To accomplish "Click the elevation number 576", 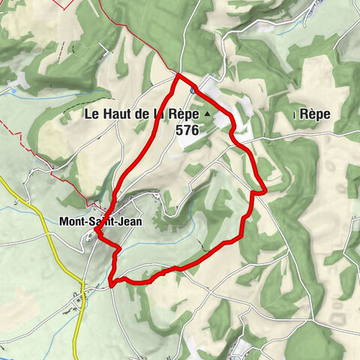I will click(187, 130).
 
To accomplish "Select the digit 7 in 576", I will click(187, 130).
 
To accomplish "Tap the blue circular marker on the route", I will click(193, 90).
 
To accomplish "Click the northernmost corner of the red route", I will click(178, 76).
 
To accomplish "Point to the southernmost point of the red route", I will click(112, 285).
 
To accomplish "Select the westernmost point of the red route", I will click(96, 236).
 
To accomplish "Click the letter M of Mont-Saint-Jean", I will click(62, 221).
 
